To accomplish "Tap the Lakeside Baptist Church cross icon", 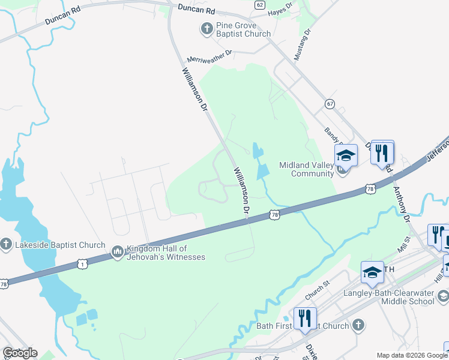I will (x=6, y=244).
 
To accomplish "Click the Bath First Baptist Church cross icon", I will (x=358, y=326).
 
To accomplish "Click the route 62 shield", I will (x=259, y=5).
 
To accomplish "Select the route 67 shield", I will (x=330, y=104).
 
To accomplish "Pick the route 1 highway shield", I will (x=82, y=263).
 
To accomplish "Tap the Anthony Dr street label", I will (x=400, y=204).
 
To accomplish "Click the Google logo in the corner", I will (x=20, y=353).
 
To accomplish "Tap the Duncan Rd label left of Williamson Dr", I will (x=62, y=16).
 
